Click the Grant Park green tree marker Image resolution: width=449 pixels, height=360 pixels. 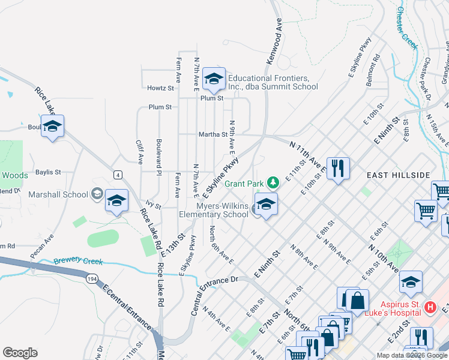273,182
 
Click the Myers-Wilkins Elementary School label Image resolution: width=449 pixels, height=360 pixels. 214,210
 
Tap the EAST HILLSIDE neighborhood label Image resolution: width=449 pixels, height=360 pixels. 398,175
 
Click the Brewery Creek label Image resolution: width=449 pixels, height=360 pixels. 78,262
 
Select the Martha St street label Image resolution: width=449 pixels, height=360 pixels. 213,135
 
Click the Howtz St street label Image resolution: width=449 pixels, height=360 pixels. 160,88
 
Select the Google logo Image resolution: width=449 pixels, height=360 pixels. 20,353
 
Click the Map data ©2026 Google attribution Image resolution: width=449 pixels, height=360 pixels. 411,355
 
